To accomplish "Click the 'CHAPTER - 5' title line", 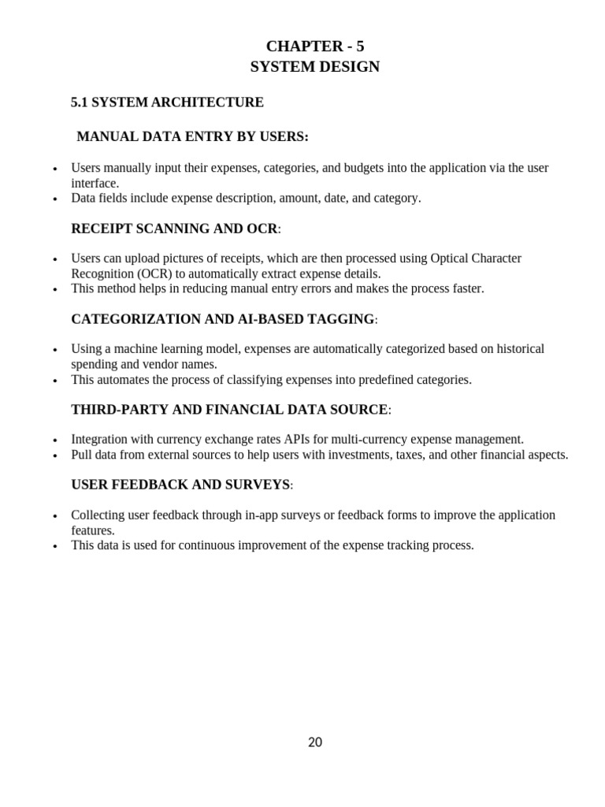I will [x=314, y=46].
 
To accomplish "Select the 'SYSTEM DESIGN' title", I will [x=314, y=67].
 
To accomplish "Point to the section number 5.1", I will [x=81, y=102].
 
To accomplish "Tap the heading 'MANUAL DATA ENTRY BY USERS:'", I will [x=192, y=137].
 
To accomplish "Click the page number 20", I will [x=314, y=742].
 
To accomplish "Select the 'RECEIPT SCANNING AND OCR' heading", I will [x=174, y=229].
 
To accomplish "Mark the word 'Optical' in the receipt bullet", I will [x=451, y=258].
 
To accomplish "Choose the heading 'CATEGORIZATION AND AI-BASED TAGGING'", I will [x=223, y=319].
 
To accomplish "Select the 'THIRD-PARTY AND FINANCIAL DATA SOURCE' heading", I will [x=229, y=410].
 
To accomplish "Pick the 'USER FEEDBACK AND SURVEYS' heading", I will [x=180, y=485].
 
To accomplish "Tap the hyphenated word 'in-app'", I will [x=263, y=515].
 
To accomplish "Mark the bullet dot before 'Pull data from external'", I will [x=55, y=456].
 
